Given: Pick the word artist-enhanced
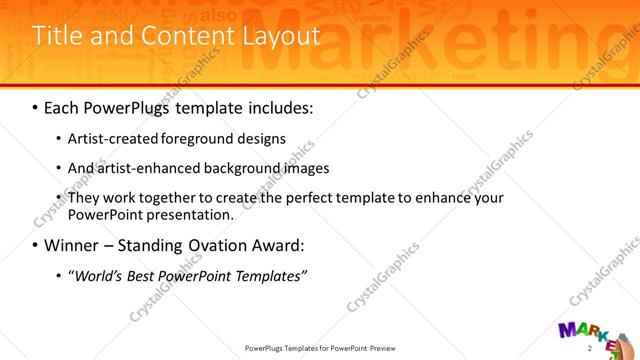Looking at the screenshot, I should [149, 169].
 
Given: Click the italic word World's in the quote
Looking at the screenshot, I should [99, 275].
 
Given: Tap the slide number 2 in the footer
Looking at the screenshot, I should [590, 348].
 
